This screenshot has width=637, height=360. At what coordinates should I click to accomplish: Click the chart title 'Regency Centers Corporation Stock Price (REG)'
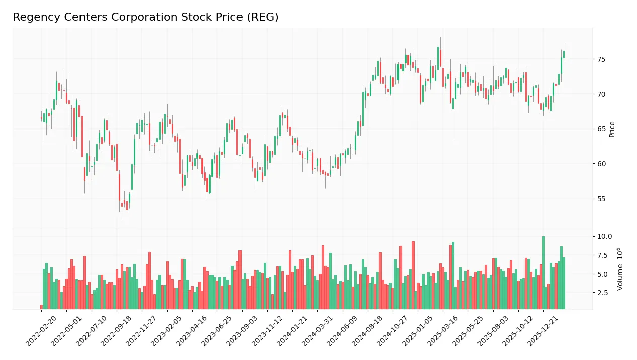145,17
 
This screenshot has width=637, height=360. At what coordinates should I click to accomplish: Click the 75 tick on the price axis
601,59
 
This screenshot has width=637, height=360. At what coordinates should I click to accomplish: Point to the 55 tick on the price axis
601,199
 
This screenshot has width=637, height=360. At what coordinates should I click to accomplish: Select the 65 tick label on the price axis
601,129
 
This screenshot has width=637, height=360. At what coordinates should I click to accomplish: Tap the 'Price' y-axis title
612,129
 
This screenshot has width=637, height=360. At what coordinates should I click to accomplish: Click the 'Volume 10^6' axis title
620,269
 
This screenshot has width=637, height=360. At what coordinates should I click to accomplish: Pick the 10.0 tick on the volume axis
604,237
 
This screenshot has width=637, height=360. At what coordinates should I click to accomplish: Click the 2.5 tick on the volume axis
603,293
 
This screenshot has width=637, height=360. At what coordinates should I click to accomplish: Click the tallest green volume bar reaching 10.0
543,273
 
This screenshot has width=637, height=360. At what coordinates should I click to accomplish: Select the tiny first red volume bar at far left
41,307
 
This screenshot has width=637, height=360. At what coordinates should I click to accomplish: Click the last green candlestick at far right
564,54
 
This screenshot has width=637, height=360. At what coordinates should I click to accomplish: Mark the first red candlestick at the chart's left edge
41,118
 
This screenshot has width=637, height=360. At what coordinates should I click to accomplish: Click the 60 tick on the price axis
601,164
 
